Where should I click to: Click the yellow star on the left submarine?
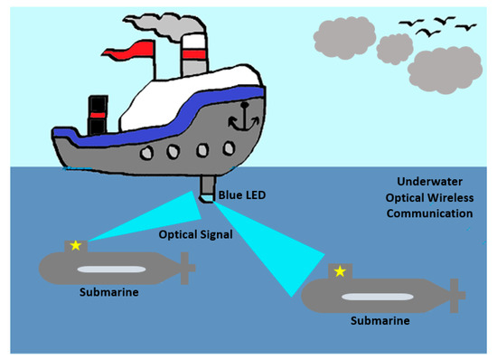[x=76, y=244]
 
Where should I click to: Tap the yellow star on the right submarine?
[x=340, y=270]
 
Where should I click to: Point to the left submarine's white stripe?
[x=109, y=269]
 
